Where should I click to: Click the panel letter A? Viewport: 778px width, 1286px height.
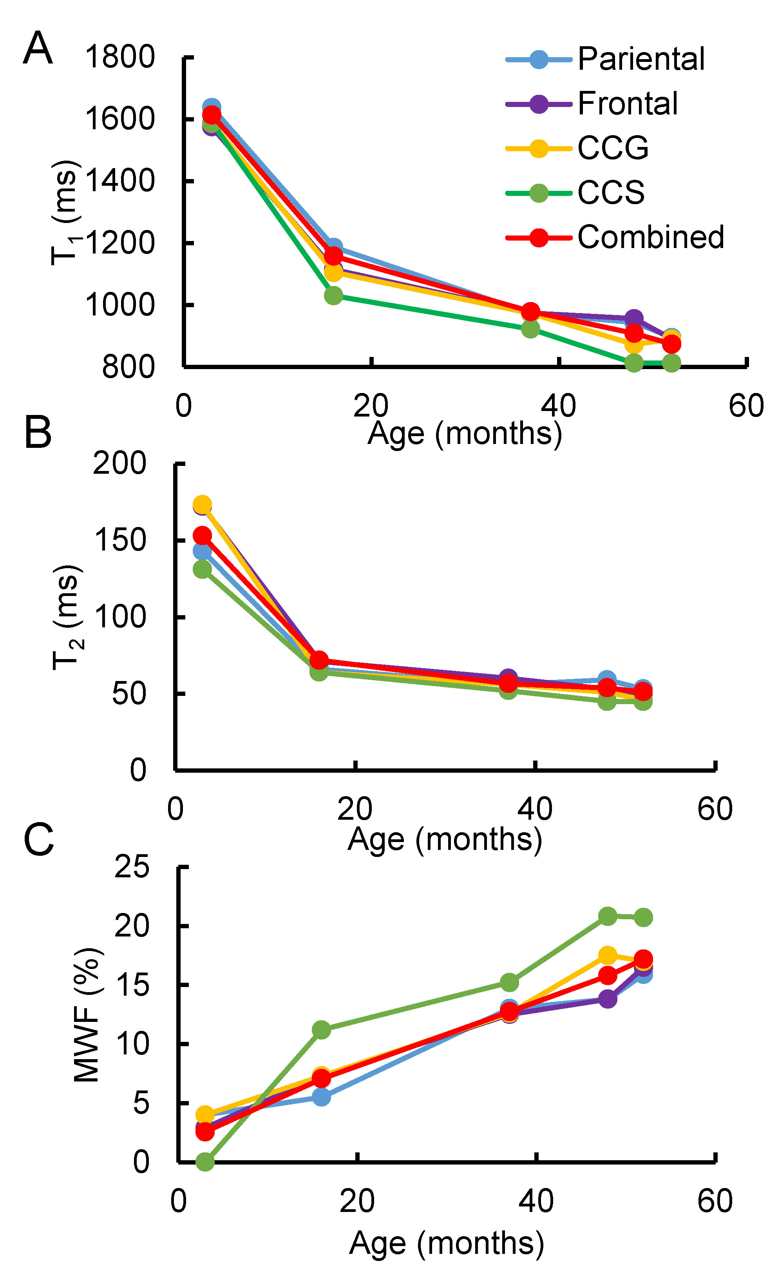pyautogui.click(x=38, y=48)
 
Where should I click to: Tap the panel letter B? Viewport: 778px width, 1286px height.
pyautogui.click(x=38, y=432)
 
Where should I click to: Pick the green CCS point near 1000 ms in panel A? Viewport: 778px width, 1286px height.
pyautogui.click(x=333, y=296)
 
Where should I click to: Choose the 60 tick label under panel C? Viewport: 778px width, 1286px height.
pyautogui.click(x=715, y=1201)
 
